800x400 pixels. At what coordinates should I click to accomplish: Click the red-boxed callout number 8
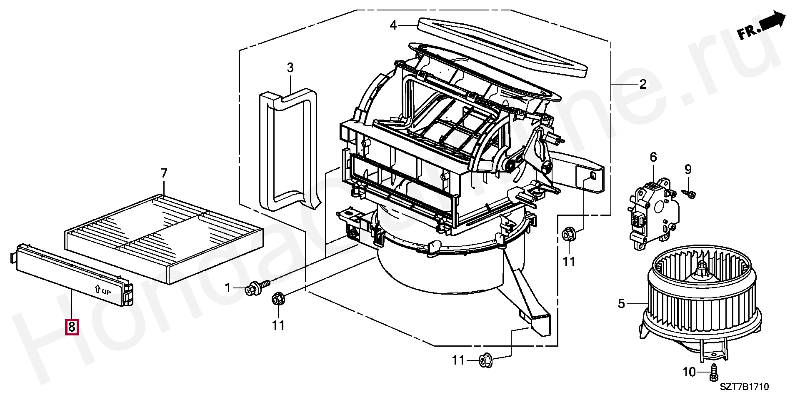[x=71, y=327]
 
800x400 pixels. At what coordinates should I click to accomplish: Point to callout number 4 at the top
[x=393, y=26]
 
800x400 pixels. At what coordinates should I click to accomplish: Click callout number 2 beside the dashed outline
[x=643, y=84]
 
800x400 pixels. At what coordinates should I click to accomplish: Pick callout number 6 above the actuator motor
[x=653, y=157]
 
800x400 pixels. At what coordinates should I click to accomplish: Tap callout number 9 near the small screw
[x=688, y=169]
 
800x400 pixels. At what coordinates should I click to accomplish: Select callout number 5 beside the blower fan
[x=621, y=304]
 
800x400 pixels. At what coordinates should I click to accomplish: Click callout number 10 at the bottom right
[x=689, y=371]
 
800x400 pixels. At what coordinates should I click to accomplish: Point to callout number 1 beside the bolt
[x=227, y=287]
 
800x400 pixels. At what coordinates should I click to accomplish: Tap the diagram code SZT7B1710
[x=744, y=387]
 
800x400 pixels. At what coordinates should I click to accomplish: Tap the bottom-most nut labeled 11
[x=485, y=360]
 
